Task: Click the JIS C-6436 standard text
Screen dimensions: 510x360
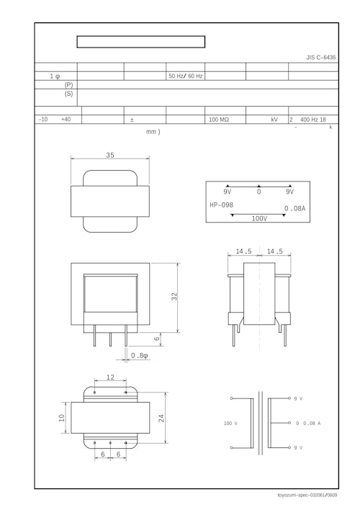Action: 320,57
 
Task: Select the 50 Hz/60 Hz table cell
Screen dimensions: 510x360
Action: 185,76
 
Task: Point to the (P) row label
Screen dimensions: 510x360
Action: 69,84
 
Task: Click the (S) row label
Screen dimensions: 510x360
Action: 69,94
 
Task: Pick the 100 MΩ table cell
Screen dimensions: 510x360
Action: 218,120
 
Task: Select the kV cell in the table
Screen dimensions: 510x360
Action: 274,120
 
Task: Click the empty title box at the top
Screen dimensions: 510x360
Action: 141,42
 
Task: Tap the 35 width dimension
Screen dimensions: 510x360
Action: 110,155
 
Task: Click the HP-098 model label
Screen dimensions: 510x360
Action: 221,205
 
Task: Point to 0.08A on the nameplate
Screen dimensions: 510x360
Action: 294,209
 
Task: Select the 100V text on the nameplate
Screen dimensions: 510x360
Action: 259,218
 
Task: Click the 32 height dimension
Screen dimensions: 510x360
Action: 174,297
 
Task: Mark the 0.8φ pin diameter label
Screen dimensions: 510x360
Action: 140,355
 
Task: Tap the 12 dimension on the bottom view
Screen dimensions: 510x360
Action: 110,377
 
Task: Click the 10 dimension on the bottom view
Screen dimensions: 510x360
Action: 62,419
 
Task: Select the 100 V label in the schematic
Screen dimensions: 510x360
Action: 230,423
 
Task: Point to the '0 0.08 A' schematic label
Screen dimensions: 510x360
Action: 308,423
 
